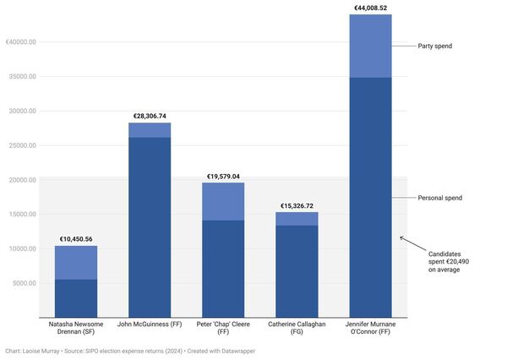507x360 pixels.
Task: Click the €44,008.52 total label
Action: click(x=370, y=8)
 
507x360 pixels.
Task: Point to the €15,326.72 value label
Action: click(x=297, y=205)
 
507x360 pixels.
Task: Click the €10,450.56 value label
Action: click(x=76, y=239)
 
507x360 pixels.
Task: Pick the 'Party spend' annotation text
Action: click(x=435, y=46)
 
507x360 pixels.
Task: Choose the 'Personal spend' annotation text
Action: click(x=439, y=198)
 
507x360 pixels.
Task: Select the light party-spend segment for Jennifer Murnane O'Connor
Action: click(x=370, y=46)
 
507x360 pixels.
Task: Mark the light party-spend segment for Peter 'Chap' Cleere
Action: click(x=223, y=201)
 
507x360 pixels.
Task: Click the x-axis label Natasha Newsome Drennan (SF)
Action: click(x=76, y=328)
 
